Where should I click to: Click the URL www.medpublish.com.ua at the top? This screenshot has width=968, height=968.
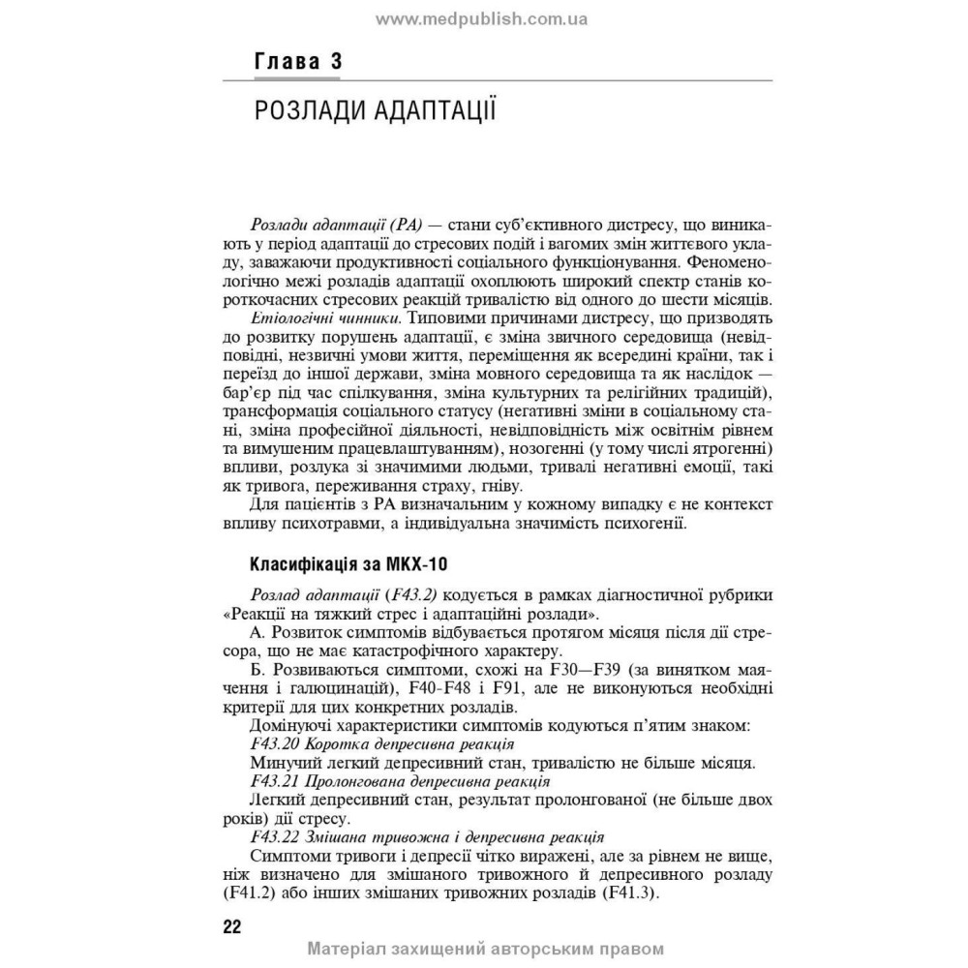(x=481, y=18)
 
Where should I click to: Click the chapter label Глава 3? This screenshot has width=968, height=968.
(x=297, y=64)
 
